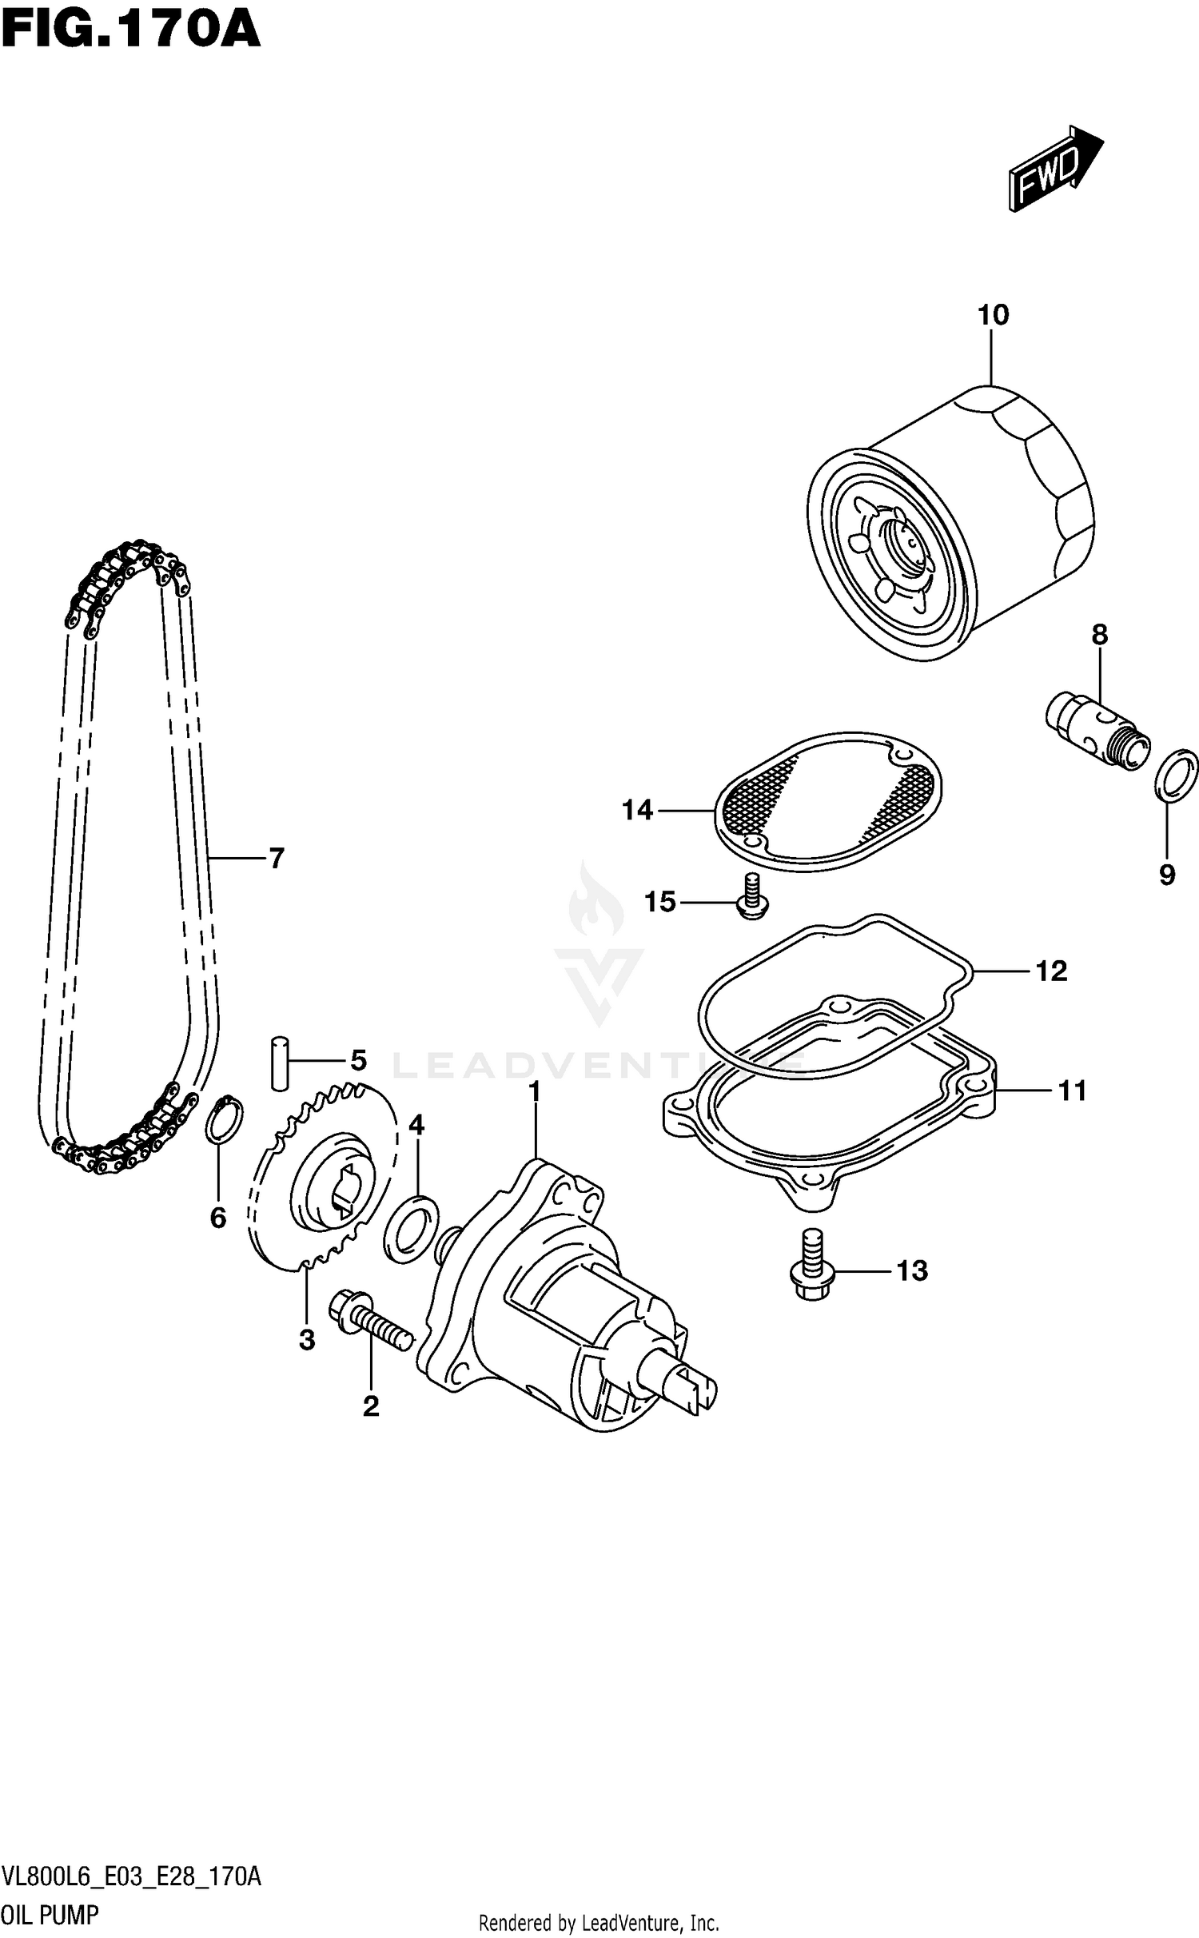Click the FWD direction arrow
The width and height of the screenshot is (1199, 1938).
(x=1054, y=169)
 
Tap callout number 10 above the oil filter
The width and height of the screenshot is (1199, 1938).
(x=993, y=315)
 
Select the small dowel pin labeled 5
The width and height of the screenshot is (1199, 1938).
(x=278, y=1063)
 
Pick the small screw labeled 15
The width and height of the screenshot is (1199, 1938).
(x=751, y=898)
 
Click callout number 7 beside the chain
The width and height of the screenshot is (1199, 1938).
(x=276, y=859)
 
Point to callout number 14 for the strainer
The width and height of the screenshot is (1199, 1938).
(x=637, y=811)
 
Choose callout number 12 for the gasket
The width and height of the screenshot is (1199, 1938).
(x=1051, y=971)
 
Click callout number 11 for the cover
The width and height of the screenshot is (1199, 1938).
(x=1072, y=1091)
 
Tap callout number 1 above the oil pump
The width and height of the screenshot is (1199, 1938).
(x=534, y=1092)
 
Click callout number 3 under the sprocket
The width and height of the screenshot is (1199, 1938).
(x=307, y=1341)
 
